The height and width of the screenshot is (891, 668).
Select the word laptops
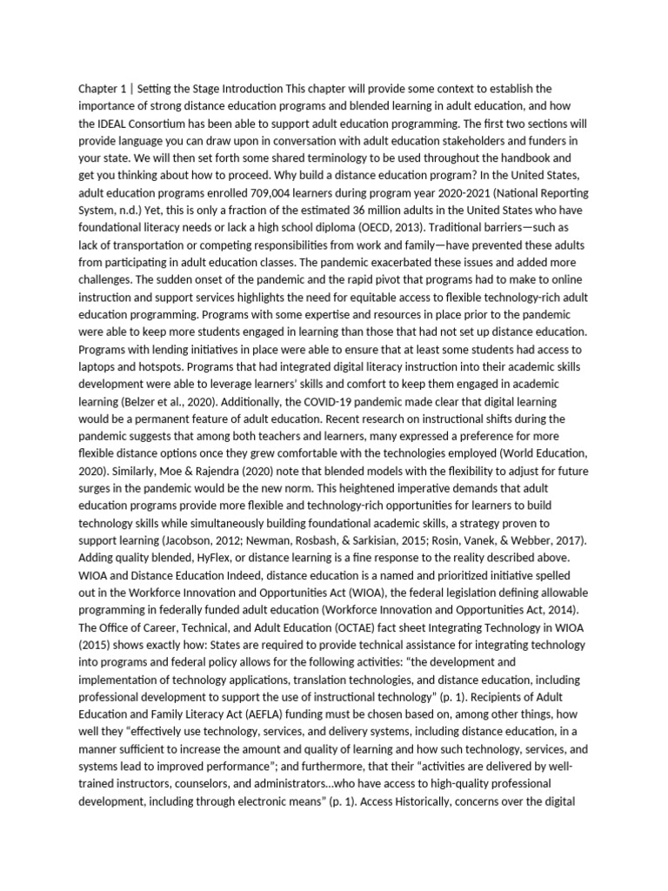[98, 368]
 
